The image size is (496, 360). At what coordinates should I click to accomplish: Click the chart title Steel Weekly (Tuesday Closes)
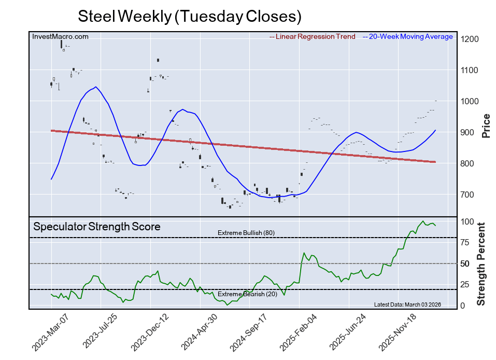coord(189,16)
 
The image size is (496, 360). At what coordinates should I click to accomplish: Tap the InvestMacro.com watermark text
coord(60,36)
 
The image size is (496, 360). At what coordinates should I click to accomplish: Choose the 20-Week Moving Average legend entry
coord(410,37)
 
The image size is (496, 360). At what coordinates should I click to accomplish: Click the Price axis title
coord(486,126)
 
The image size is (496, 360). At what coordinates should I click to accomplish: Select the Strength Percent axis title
coord(481,264)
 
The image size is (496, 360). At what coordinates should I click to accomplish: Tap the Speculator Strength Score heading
coord(97,227)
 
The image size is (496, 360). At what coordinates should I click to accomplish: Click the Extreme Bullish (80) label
coord(246,233)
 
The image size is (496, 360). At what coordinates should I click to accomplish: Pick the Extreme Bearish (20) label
coord(247,294)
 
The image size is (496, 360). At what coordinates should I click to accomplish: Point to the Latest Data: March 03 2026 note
coord(407,304)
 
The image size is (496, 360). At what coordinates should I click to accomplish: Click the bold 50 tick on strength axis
coord(465,264)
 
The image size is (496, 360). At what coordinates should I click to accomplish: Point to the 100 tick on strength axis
coord(467,222)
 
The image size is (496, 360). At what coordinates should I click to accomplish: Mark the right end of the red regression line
coord(435,162)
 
